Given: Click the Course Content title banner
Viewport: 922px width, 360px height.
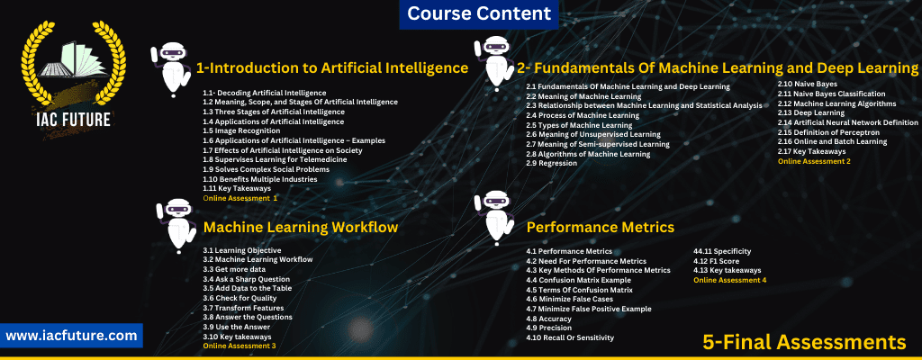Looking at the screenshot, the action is coord(479,13).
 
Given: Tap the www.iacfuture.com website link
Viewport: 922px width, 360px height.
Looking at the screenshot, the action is coord(71,336).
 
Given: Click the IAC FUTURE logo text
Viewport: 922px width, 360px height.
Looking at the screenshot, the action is coord(73,120).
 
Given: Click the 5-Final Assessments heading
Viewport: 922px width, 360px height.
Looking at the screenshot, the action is coord(804,341).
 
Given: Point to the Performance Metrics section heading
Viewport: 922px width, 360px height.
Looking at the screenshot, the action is coord(601,227).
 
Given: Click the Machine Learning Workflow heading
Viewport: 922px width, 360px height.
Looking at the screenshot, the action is coord(301,227).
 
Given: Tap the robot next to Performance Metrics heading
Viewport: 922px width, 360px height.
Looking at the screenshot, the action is coord(493,219).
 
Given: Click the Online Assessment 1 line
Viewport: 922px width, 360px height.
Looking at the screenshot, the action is coord(240,198).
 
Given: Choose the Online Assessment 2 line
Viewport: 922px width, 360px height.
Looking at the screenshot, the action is coord(814,160).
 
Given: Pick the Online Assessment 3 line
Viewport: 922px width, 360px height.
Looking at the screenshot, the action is coord(240,346).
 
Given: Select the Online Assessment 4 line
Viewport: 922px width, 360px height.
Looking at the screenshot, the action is coord(729,280).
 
